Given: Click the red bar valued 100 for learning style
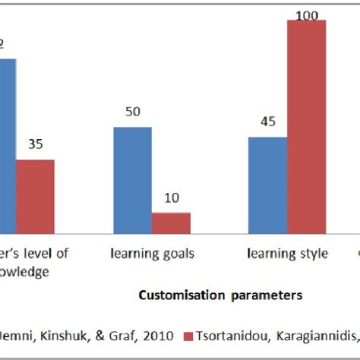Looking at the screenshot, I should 306,126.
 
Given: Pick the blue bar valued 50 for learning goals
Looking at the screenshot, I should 133,180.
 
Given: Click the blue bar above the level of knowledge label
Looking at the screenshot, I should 7,144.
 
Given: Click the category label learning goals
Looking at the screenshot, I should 153,253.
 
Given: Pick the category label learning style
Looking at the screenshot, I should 287,253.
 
